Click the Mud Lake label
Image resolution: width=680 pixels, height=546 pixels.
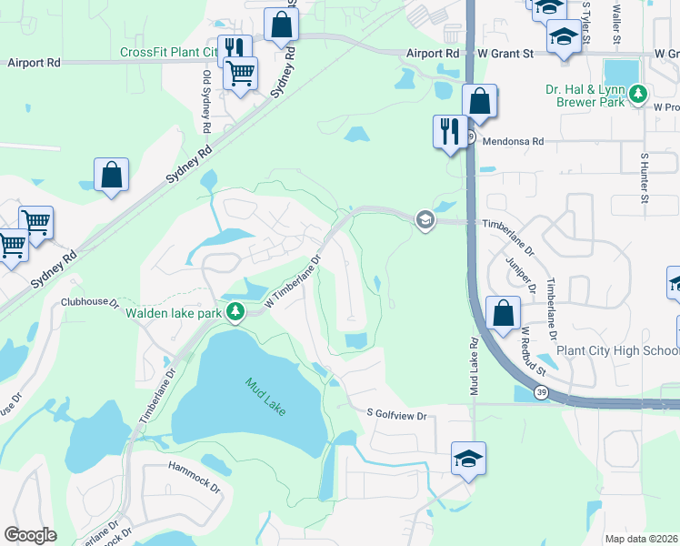coord(265,397)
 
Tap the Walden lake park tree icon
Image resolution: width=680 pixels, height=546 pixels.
coord(235,313)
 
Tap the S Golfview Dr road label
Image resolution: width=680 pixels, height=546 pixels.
coord(396,415)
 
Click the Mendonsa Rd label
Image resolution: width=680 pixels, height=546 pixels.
coord(513,141)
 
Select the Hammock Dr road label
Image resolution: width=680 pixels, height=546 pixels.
coord(195,475)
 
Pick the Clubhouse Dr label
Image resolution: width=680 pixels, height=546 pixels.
coord(90,300)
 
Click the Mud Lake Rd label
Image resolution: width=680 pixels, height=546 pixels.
coord(474,366)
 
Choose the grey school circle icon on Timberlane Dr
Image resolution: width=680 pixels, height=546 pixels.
coord(425,221)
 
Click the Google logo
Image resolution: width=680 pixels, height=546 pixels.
coord(31,535)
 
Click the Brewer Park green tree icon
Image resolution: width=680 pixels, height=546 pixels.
coord(639,94)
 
